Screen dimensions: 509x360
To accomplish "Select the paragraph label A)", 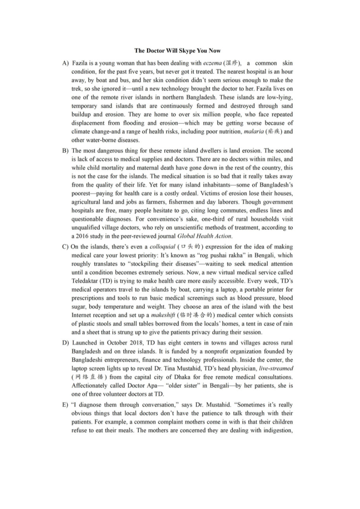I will [65, 63].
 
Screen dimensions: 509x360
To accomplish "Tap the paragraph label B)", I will [65, 150].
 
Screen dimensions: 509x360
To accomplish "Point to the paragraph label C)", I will [65, 247].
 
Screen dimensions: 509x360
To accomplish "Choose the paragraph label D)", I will [65, 343].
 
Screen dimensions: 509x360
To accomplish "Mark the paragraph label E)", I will [65, 405].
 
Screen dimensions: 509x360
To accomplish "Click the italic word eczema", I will [212, 63].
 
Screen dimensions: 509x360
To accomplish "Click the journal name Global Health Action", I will [204, 236].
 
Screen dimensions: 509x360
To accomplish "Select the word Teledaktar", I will [85, 281].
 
